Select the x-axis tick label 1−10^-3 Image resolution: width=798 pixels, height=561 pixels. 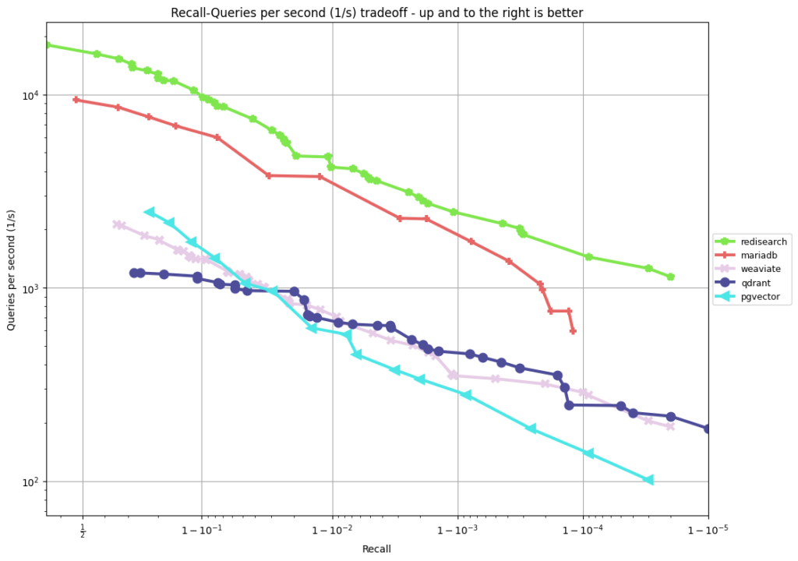point(457,531)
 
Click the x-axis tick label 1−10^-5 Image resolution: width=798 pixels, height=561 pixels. point(708,531)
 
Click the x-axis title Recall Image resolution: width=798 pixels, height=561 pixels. point(376,549)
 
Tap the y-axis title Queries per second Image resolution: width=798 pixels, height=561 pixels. point(11,269)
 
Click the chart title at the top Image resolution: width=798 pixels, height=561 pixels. point(376,12)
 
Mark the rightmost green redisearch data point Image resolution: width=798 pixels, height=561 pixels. point(670,277)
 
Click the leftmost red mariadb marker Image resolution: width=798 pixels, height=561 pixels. point(76,100)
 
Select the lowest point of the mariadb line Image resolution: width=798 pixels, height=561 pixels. point(573,331)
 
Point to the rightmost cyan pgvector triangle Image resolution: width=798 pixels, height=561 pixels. point(648,480)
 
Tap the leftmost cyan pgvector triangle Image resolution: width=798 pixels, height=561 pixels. point(149,212)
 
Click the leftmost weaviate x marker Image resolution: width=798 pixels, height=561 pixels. point(116,224)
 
